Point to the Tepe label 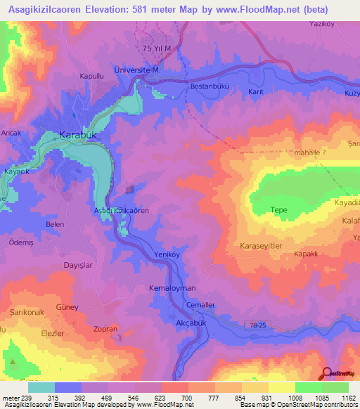click(279, 209)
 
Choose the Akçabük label click(192, 321)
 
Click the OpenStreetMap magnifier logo click(326, 374)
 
